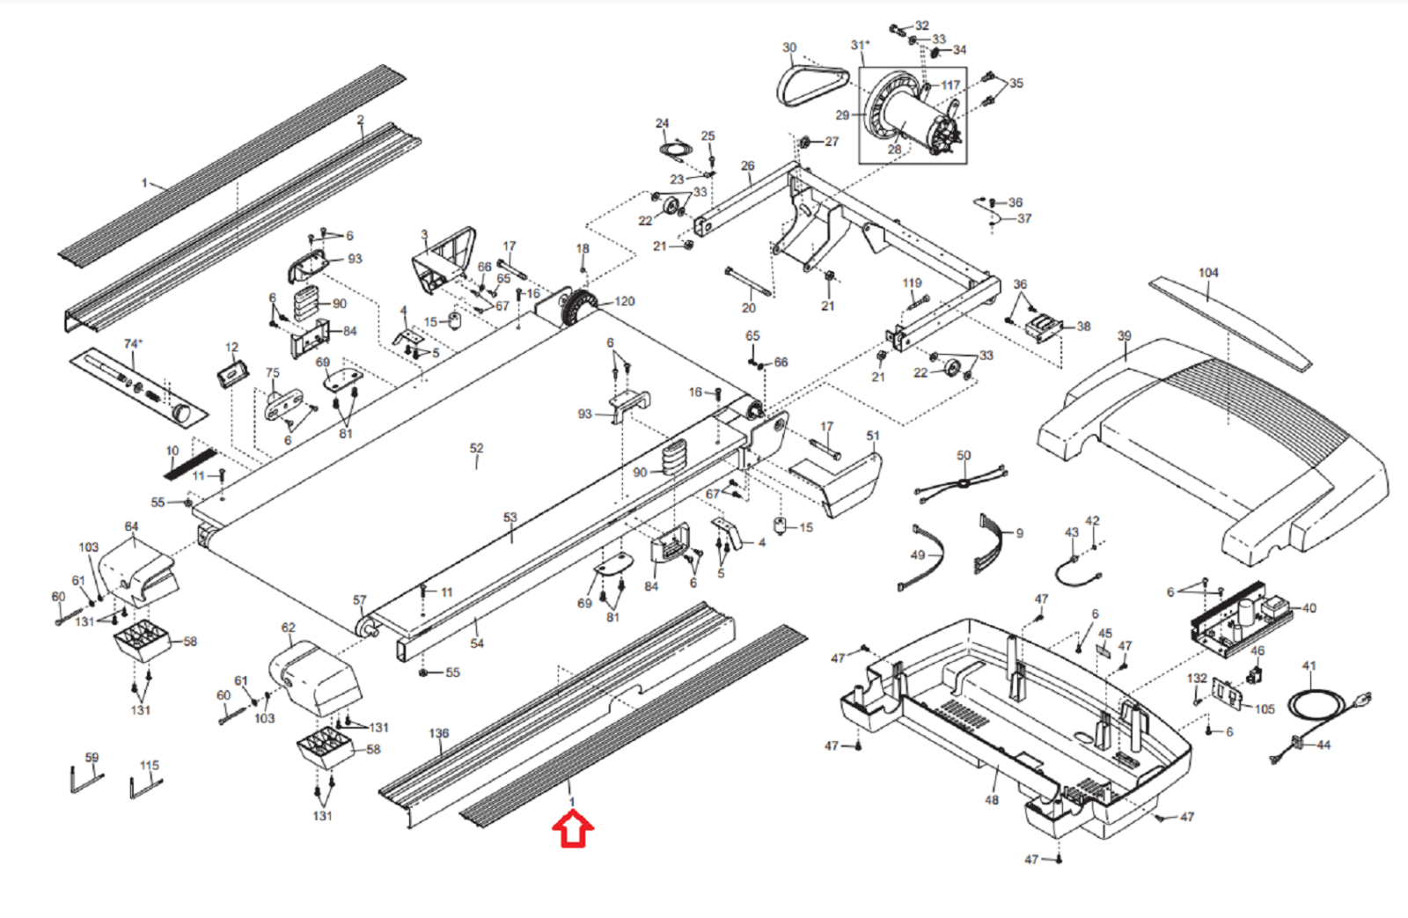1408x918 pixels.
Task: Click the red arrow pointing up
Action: click(573, 829)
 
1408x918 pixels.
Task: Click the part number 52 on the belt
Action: click(476, 448)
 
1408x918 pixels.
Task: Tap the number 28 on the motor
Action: click(894, 149)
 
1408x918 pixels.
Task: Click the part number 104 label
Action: click(1208, 273)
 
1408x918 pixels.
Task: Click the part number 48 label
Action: click(991, 800)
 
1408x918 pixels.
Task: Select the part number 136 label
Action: click(439, 733)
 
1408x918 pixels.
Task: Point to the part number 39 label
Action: click(1124, 335)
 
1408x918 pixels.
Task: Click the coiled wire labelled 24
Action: click(676, 149)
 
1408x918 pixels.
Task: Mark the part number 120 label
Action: click(624, 302)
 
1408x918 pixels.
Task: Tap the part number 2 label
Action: click(360, 120)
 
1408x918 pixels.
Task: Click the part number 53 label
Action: click(510, 518)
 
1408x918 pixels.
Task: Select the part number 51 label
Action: click(873, 436)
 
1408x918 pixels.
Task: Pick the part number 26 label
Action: click(747, 166)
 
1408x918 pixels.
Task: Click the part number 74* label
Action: click(133, 344)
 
